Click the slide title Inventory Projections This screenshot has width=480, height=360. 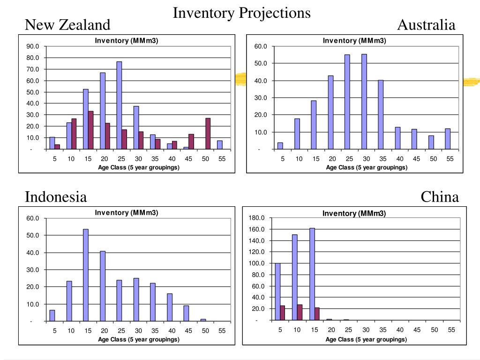pos(241,13)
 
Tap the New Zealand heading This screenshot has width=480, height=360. pos(67,24)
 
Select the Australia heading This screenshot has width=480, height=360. pos(426,24)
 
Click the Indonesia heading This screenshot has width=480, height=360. pos(56,197)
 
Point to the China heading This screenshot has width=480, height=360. pos(440,197)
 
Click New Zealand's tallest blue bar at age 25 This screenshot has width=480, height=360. pos(119,105)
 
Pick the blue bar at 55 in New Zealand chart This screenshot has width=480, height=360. pos(219,145)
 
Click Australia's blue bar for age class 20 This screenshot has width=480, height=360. pos(330,112)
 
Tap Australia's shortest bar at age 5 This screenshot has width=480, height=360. pos(280,146)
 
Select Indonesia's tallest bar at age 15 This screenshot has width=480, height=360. pos(86,275)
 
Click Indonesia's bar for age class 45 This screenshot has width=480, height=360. pos(186,313)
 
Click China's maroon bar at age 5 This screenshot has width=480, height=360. pos(283,313)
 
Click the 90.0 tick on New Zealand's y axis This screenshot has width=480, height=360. pos(33,46)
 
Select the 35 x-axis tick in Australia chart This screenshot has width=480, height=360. pos(382,159)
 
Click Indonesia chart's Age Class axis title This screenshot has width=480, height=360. pos(138,339)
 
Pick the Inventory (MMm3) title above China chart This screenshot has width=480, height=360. pos(354,214)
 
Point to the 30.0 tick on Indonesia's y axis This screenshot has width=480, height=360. pos(33,270)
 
